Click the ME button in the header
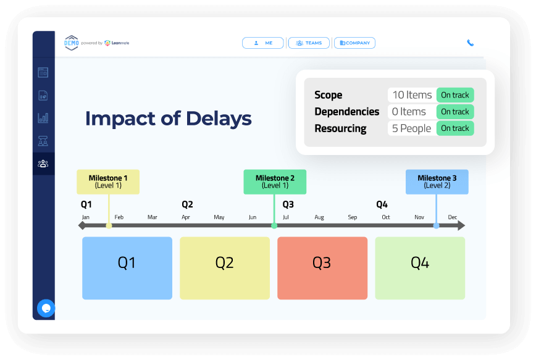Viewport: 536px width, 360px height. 262,43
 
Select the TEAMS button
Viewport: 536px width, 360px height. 309,43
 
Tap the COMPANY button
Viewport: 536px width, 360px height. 354,43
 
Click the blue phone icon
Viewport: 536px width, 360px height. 471,43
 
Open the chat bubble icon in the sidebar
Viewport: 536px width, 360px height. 46,308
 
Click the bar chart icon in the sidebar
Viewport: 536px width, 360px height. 43,118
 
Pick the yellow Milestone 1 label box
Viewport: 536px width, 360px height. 108,182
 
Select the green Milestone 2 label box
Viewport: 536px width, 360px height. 275,182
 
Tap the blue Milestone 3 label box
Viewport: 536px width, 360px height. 437,182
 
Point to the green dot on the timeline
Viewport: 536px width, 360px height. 274,225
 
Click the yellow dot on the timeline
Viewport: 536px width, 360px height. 109,225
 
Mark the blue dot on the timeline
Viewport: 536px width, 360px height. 436,225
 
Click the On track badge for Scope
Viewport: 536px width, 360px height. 455,95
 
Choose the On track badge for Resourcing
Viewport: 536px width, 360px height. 455,128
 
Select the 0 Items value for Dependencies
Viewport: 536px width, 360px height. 409,112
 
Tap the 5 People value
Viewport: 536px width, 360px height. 411,128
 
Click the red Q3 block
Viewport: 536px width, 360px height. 322,268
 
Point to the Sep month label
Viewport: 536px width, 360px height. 353,217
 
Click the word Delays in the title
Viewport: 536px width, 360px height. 219,119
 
